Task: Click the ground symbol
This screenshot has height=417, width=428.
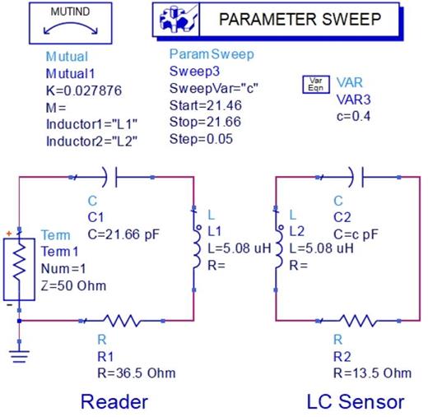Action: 18,355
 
